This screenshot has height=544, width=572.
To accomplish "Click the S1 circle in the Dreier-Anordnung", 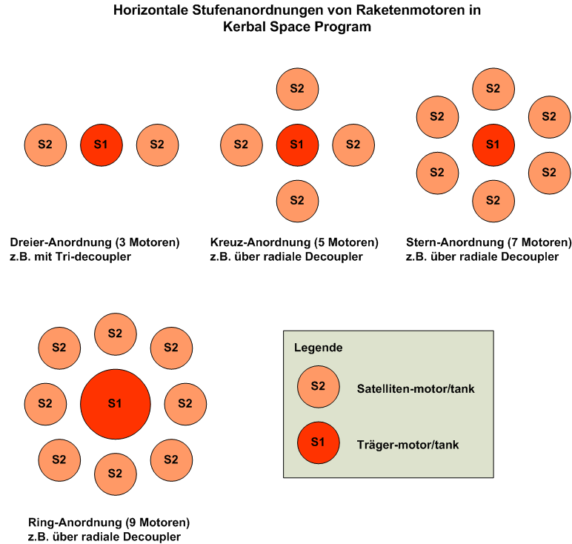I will (x=102, y=144).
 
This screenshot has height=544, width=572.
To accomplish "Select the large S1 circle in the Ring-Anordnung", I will (x=115, y=403).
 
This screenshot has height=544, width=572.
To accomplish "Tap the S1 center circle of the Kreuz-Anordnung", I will (x=297, y=144).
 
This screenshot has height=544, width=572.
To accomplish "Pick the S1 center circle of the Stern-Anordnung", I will (x=493, y=144).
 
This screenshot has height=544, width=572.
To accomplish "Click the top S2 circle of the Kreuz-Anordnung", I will (x=297, y=88).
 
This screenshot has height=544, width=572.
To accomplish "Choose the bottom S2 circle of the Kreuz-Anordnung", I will (x=297, y=200).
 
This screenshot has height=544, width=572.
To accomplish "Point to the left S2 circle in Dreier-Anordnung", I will (x=45, y=144).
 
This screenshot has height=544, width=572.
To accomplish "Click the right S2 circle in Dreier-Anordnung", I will (x=157, y=144).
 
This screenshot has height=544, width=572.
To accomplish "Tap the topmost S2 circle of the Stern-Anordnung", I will (x=493, y=88).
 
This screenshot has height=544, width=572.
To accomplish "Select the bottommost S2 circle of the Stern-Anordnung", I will (x=493, y=200).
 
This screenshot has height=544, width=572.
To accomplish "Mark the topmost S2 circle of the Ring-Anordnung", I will (x=115, y=334).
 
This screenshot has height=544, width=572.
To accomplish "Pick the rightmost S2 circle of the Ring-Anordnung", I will (x=185, y=403).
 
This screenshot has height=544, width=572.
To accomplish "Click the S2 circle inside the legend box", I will (x=318, y=386).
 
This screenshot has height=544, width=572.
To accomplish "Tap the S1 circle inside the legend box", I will (x=318, y=442).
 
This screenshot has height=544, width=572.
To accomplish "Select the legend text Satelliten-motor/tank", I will (x=415, y=388).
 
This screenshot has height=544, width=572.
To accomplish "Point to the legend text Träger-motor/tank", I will (x=408, y=445).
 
